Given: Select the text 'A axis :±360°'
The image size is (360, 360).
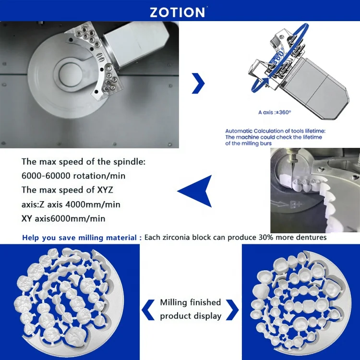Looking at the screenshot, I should (x=274, y=112).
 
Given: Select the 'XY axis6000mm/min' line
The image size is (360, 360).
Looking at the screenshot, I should (x=64, y=218).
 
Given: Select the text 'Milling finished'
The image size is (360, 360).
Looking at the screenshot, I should (x=191, y=302).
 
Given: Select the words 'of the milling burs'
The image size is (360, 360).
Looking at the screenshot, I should (x=249, y=143).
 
